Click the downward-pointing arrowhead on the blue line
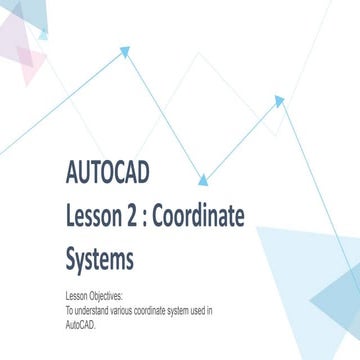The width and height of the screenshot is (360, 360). click(x=205, y=180)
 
